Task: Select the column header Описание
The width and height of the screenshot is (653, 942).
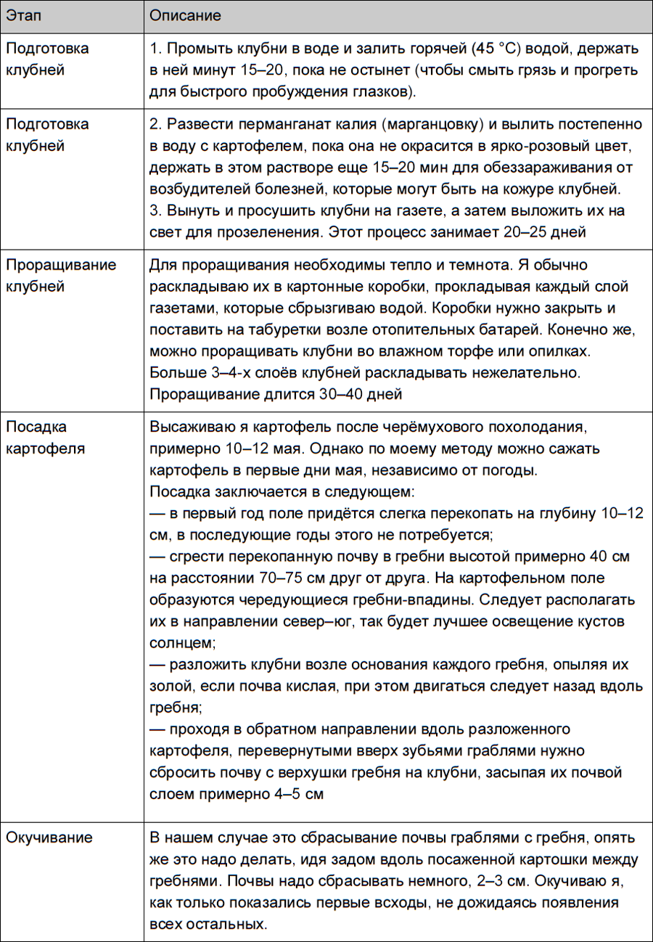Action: (x=185, y=15)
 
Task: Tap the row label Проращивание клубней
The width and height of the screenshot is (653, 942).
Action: (x=61, y=275)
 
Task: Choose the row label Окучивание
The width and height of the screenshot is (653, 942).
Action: (x=49, y=837)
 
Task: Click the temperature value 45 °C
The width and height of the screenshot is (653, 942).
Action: (x=495, y=49)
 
